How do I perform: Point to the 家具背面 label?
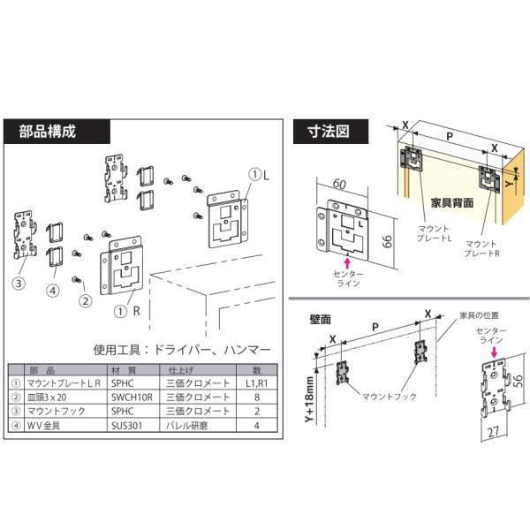click(x=450, y=201)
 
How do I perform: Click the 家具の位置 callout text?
click(x=478, y=314)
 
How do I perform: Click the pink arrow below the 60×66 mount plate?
click(x=347, y=262)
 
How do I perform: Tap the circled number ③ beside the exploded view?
click(x=17, y=284)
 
